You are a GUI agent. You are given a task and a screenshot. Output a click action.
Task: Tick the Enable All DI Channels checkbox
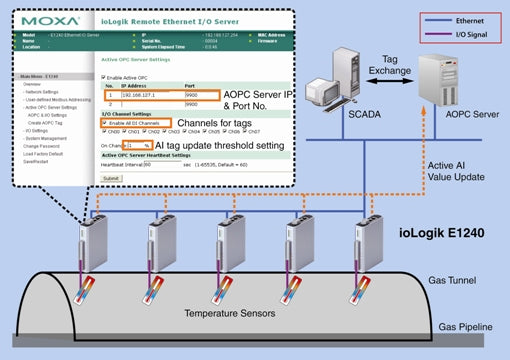tap(105, 122)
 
